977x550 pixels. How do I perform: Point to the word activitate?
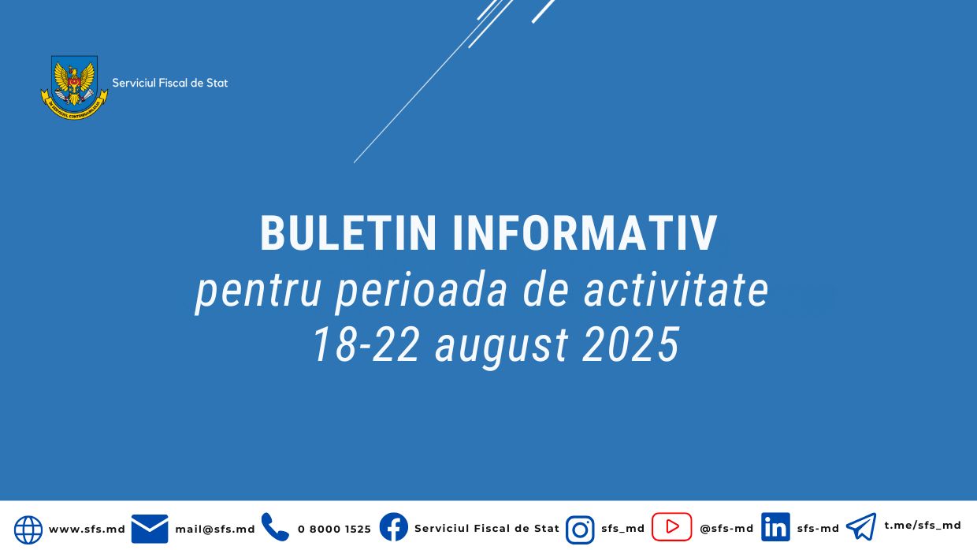(676, 290)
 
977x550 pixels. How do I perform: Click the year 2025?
(630, 345)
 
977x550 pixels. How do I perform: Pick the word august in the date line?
(501, 345)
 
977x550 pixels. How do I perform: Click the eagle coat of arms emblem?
(74, 86)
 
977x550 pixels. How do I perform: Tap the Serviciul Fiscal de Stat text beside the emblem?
(169, 83)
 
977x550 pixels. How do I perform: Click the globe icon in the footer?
(28, 530)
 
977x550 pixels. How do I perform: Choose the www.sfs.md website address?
(87, 530)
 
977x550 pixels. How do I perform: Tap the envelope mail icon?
(150, 529)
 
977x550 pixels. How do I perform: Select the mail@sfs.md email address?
(215, 530)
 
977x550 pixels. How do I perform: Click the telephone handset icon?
(275, 527)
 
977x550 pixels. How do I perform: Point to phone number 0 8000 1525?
(334, 530)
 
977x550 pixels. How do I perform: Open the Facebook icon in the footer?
(394, 527)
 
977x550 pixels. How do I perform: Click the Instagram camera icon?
(580, 530)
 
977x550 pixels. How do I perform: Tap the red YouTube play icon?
(671, 527)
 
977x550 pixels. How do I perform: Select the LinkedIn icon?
(775, 527)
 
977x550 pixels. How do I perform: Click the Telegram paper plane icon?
(861, 526)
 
